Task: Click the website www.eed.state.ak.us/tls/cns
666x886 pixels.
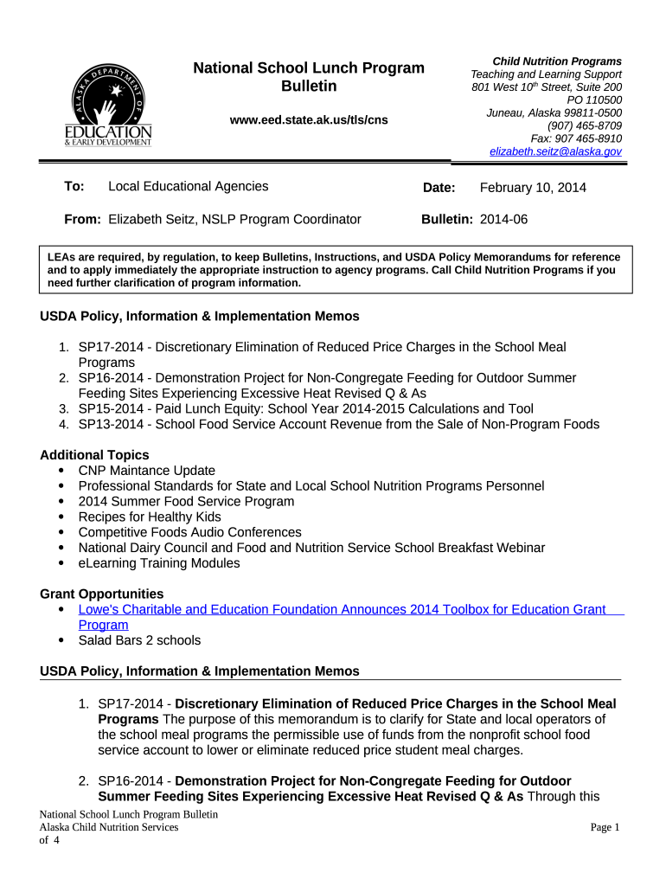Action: click(x=308, y=120)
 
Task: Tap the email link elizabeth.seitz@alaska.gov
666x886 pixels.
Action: click(x=555, y=151)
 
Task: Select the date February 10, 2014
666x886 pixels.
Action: click(x=533, y=188)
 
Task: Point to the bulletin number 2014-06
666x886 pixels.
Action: click(x=503, y=220)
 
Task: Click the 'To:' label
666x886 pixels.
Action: click(x=74, y=187)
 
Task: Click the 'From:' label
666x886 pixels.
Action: click(x=83, y=220)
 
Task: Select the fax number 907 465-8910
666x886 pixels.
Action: click(x=576, y=138)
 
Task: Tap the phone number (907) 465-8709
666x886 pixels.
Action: click(x=579, y=125)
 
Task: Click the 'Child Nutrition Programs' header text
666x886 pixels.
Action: click(x=557, y=61)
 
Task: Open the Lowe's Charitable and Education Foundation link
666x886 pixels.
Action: click(x=342, y=610)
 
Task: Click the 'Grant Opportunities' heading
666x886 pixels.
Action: click(x=102, y=594)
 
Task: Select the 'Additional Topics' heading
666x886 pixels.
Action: click(x=94, y=455)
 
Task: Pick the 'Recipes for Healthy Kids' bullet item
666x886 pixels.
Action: click(x=150, y=517)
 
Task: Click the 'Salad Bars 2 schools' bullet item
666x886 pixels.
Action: click(x=139, y=641)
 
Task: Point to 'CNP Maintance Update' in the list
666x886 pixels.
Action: click(x=146, y=471)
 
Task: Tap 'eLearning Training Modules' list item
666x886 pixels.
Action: click(x=159, y=563)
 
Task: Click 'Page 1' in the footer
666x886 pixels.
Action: click(x=605, y=828)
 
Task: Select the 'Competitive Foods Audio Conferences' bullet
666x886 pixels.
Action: click(x=189, y=533)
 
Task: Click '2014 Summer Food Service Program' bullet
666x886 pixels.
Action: click(x=186, y=502)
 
